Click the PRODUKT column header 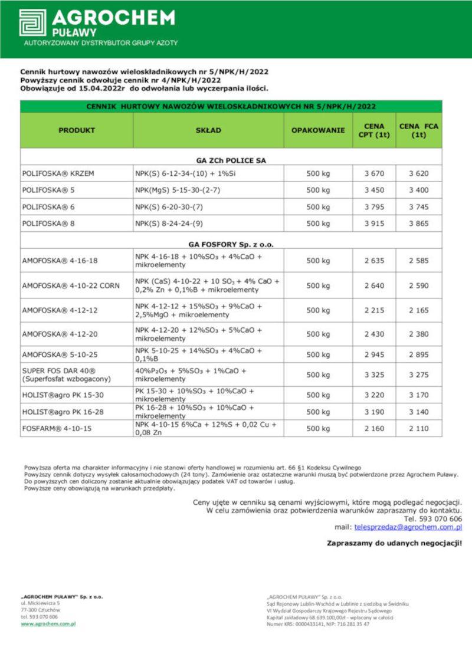pyautogui.click(x=77, y=130)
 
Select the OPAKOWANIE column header pyautogui.click(x=318, y=130)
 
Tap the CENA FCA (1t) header pyautogui.click(x=419, y=130)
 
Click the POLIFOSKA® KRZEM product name pyautogui.click(x=58, y=173)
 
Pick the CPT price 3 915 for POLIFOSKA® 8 pyautogui.click(x=374, y=224)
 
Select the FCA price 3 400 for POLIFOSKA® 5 pyautogui.click(x=419, y=190)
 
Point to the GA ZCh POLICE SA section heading pyautogui.click(x=231, y=160)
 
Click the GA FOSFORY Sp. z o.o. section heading pyautogui.click(x=231, y=244)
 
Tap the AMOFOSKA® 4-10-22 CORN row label pyautogui.click(x=71, y=285)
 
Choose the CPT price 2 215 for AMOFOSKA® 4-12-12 pyautogui.click(x=374, y=310)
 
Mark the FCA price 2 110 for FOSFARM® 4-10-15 pyautogui.click(x=419, y=428)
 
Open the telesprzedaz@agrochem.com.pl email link pyautogui.click(x=408, y=527)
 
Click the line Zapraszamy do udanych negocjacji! pyautogui.click(x=394, y=543)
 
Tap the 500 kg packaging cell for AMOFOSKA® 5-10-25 pyautogui.click(x=318, y=354)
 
